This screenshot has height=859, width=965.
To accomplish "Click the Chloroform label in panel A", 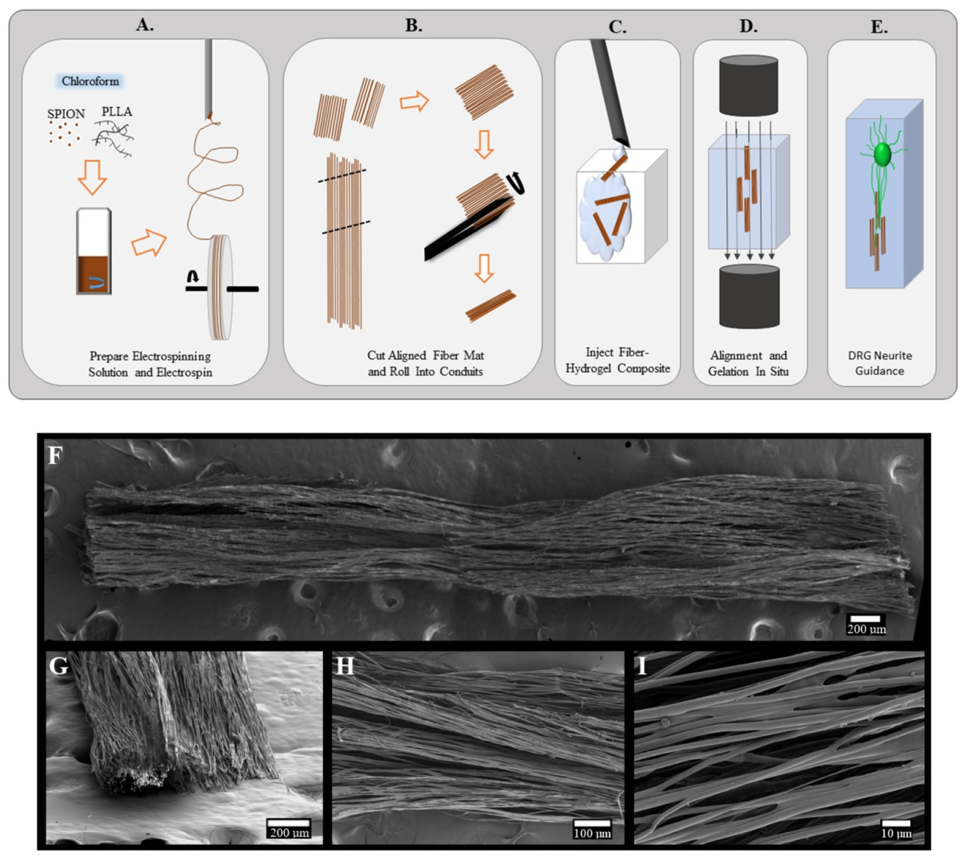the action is [x=90, y=81].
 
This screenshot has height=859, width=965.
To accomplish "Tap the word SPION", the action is [x=66, y=114].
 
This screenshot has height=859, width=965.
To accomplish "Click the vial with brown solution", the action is [x=94, y=251].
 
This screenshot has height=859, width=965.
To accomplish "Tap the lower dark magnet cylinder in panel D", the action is [x=749, y=296].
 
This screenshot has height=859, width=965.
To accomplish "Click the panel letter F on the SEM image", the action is [x=55, y=456].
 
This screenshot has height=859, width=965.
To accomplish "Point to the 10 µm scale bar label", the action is [x=896, y=833].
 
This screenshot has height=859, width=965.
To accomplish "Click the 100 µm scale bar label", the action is [x=592, y=833].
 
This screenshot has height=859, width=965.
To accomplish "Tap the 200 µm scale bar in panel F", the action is [x=866, y=618].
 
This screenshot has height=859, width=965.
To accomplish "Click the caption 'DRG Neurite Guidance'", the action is [x=880, y=363].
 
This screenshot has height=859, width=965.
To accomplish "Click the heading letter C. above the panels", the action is [x=617, y=27].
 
